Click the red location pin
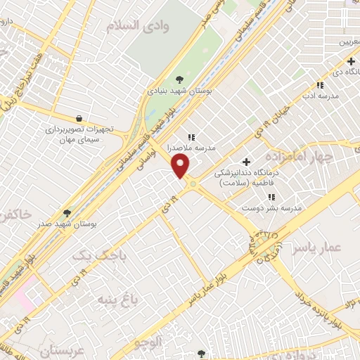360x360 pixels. pos(181,166)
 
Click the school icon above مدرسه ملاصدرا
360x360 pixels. pos(191,137)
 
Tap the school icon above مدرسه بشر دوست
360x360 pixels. pos(271,197)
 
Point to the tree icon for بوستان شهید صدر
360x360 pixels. pos(67,212)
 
